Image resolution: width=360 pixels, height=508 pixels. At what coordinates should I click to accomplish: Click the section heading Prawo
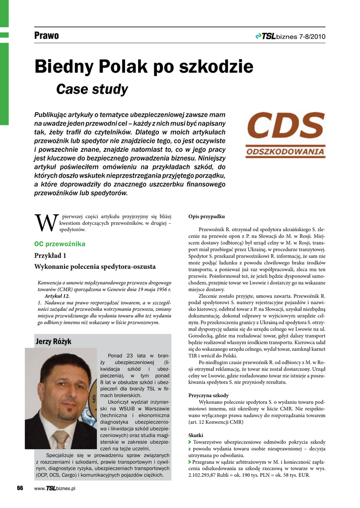point(47,36)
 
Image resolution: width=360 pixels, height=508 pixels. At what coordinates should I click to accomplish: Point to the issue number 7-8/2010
point(312,36)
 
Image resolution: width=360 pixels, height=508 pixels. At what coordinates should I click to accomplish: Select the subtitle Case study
point(92,89)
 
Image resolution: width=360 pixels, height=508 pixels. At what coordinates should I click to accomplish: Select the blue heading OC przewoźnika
point(60,244)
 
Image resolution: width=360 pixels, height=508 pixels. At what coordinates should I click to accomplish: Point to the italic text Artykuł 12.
point(57,296)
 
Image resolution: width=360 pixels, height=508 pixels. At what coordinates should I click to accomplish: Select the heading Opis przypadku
point(207,217)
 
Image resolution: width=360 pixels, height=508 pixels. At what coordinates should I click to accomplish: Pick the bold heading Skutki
point(196,435)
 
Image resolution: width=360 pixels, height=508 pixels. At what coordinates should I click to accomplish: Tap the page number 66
point(20,488)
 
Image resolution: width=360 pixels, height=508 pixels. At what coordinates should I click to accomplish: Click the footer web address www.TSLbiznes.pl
point(54,489)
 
